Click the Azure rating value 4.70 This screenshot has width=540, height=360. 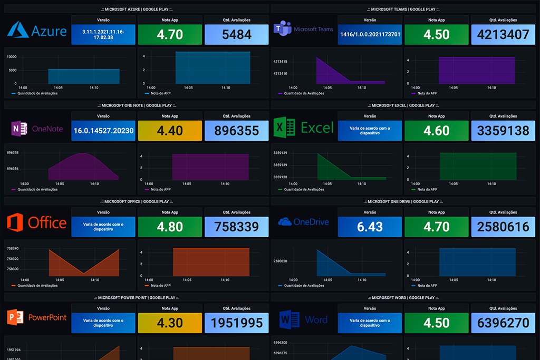click(170, 35)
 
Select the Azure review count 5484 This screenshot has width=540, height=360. click(237, 35)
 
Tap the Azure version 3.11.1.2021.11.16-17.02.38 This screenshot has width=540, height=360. click(103, 34)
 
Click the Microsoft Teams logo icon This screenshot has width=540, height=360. click(282, 30)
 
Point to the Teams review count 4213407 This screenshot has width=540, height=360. click(503, 35)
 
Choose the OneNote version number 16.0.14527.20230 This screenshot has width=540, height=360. click(103, 131)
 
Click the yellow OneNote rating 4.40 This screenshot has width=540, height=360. click(170, 131)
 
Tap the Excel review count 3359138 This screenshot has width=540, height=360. click(503, 131)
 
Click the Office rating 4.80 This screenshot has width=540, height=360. click(170, 227)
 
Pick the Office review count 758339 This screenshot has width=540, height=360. click(237, 227)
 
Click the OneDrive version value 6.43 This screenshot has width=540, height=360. click(370, 227)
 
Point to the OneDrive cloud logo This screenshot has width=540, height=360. click(285, 222)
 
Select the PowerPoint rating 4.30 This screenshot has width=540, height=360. click(170, 323)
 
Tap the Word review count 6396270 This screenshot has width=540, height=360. click(503, 323)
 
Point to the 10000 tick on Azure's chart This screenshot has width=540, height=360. click(12, 56)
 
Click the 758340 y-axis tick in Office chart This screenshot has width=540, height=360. click(13, 249)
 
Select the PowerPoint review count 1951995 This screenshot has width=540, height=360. click(237, 323)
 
